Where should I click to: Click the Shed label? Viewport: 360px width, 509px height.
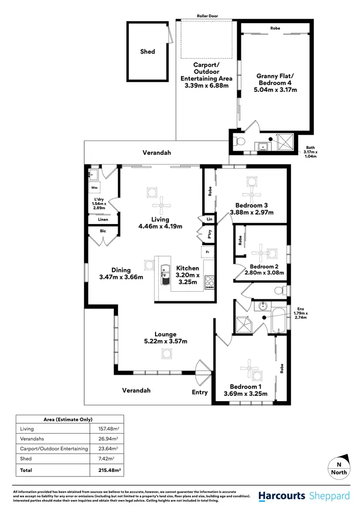pos(147,51)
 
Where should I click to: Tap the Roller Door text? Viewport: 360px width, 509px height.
pos(207,16)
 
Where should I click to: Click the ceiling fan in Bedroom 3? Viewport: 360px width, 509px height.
pos(252,195)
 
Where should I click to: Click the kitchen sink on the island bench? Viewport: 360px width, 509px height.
pos(165,275)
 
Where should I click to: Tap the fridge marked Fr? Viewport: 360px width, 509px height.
pos(207,251)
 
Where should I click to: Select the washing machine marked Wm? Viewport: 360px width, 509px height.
pos(95,189)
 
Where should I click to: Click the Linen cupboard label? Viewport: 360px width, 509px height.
pos(103,219)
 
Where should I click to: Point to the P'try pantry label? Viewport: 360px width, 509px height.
pos(209,234)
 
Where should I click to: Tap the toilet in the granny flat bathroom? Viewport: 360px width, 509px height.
pos(239,142)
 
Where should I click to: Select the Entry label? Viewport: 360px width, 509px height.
pos(200,392)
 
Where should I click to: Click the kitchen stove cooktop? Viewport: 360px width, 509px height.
pos(210,281)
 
